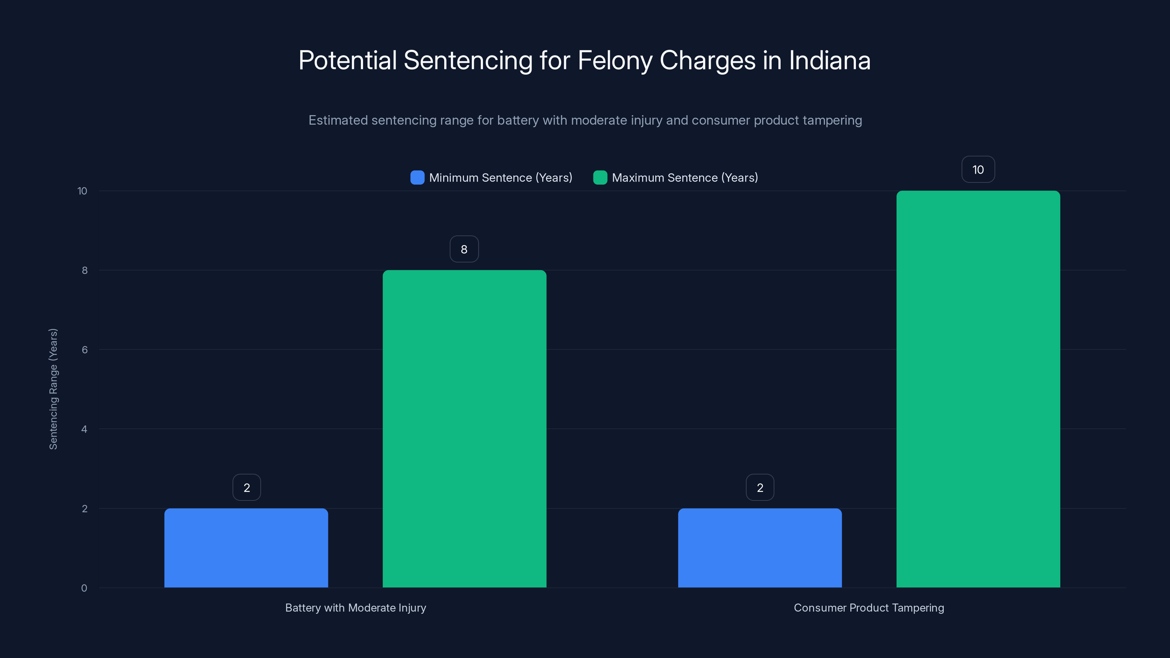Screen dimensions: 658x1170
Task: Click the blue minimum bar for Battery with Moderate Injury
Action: [x=246, y=548]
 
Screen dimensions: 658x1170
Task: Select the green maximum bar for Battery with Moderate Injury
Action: [x=464, y=429]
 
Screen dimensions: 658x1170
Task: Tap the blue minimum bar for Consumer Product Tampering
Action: [x=760, y=548]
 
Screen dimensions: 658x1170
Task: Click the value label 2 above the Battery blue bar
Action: [x=247, y=488]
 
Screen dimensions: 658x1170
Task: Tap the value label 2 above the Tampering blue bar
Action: [x=760, y=488]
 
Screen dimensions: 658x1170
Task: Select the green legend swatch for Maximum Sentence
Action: [x=600, y=178]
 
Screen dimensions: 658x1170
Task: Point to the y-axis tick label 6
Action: [x=84, y=350]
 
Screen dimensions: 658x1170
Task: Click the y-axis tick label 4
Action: [x=84, y=429]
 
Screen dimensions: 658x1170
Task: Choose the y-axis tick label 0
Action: [x=84, y=588]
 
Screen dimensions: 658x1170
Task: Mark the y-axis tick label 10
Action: [x=82, y=191]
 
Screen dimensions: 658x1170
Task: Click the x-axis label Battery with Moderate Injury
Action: [x=356, y=608]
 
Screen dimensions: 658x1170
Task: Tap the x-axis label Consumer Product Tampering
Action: [x=869, y=608]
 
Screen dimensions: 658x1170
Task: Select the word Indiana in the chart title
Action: [x=829, y=60]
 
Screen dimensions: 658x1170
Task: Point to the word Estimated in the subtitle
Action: [x=338, y=120]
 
